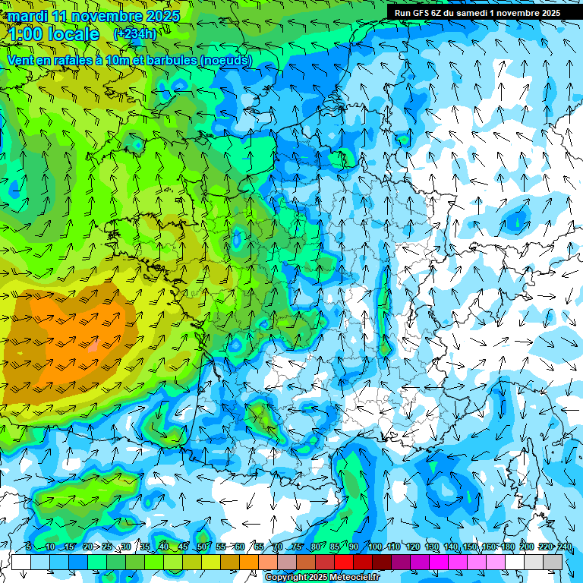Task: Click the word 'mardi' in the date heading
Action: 27,16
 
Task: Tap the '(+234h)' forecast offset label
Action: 134,34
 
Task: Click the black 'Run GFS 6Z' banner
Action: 477,13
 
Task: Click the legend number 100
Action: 373,547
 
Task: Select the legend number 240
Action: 564,547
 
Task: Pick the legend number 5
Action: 28,547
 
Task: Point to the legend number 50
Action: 201,547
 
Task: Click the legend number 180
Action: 506,547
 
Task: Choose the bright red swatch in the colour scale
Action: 344,562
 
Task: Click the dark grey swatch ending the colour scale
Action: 553,562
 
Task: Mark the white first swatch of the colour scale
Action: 21,562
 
